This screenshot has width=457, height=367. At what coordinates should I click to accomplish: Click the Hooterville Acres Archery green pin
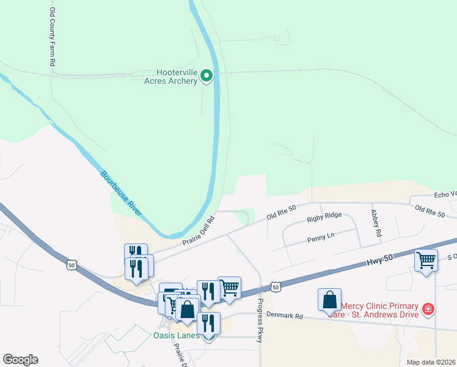click(x=207, y=76)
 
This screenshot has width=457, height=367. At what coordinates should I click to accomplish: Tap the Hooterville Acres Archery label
click(x=170, y=76)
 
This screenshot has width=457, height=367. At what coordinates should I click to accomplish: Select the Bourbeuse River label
click(x=121, y=192)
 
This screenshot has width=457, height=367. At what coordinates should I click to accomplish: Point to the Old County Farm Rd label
click(x=53, y=37)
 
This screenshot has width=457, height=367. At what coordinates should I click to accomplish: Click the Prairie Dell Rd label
click(x=199, y=231)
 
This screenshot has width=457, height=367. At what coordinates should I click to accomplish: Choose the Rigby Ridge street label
click(x=324, y=216)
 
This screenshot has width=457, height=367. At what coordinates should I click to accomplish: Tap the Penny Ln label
click(x=321, y=236)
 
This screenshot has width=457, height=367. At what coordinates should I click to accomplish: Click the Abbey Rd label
click(x=376, y=223)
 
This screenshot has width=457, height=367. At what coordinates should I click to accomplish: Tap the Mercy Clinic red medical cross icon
click(x=428, y=310)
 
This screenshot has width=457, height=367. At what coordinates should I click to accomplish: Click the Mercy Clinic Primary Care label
click(x=379, y=310)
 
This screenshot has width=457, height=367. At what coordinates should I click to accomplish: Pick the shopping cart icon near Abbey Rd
click(x=426, y=260)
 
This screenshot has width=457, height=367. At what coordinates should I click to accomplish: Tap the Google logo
click(x=20, y=360)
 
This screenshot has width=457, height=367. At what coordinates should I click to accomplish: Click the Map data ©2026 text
click(x=431, y=362)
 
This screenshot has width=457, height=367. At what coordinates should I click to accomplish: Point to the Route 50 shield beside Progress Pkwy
click(x=275, y=287)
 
